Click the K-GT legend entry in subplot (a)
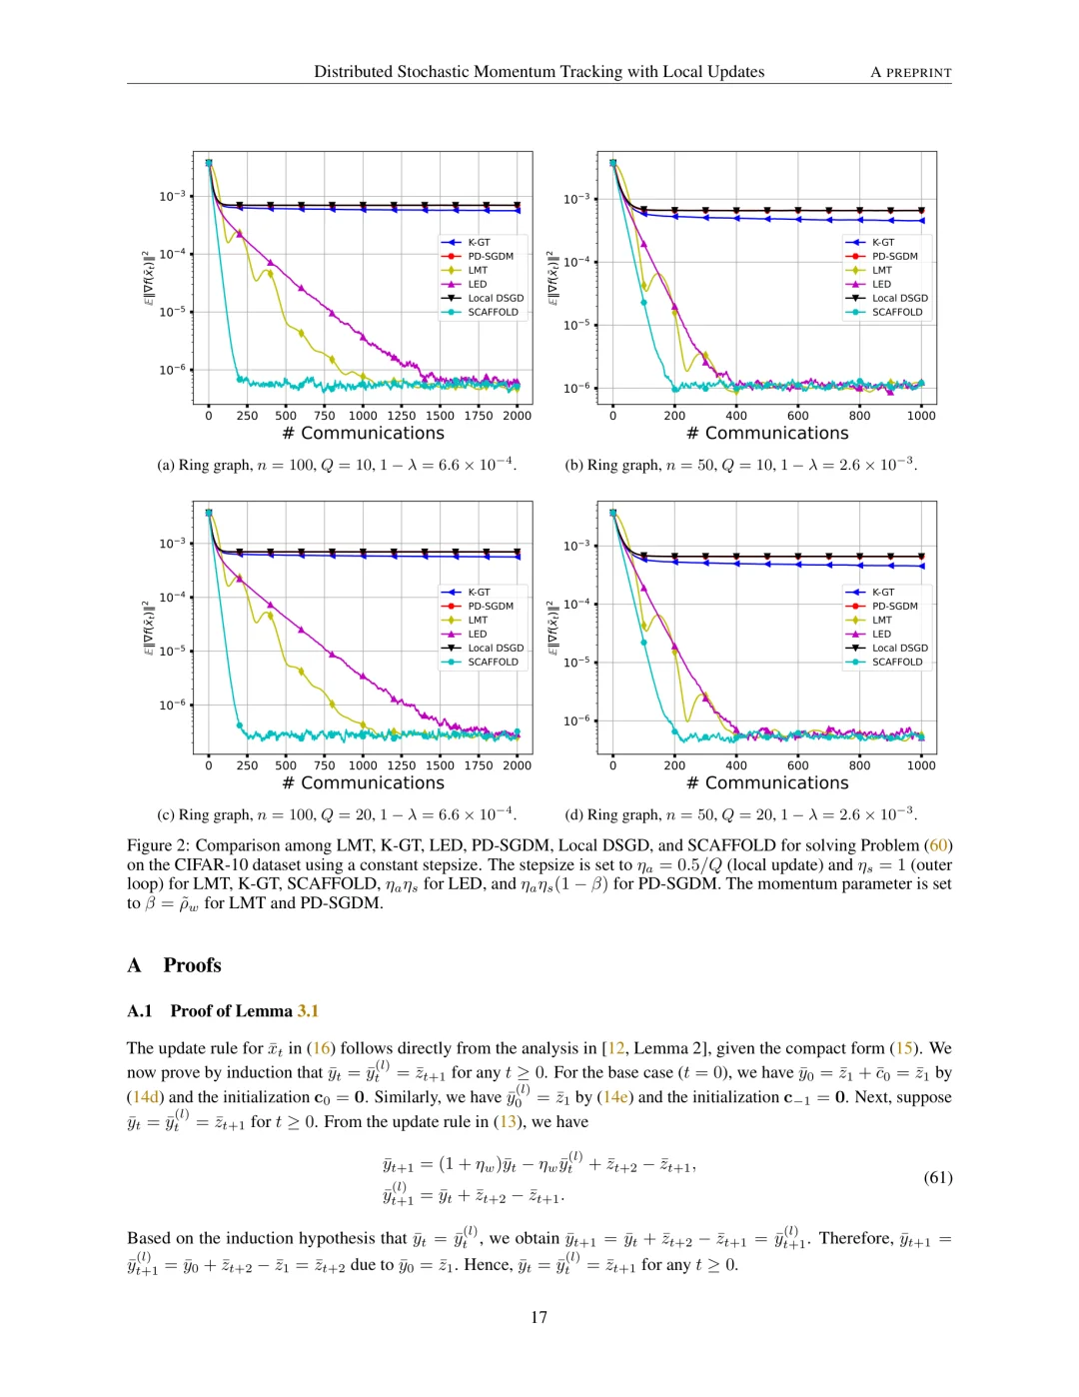[479, 242]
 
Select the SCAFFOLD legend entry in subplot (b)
[896, 312]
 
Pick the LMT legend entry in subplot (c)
[478, 620]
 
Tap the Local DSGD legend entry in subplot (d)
[899, 648]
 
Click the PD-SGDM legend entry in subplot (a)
[490, 256]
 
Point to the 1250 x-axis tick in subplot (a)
[401, 416]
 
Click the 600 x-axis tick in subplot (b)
[797, 416]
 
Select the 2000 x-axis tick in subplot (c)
[517, 765]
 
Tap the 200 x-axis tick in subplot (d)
[674, 765]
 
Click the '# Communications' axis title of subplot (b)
[767, 433]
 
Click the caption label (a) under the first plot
[166, 465]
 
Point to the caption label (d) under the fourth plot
[573, 814]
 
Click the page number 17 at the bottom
[539, 1317]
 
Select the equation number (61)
[937, 1177]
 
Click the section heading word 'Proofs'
[192, 965]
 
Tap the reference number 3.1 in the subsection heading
[308, 1011]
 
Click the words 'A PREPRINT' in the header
[910, 72]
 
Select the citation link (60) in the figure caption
[938, 845]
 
